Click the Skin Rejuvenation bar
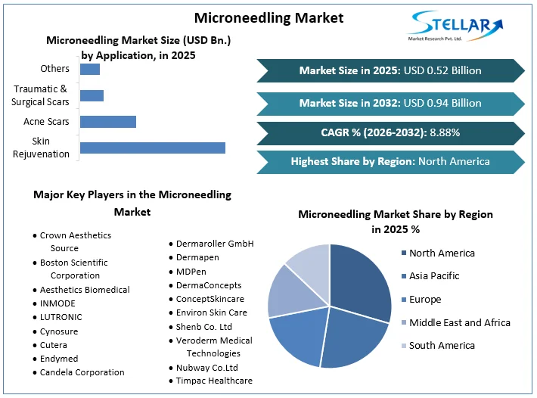pyautogui.click(x=152, y=148)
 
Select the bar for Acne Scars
pyautogui.click(x=107, y=122)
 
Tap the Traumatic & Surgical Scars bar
pyautogui.click(x=92, y=95)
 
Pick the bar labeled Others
pyautogui.click(x=89, y=70)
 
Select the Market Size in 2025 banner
pyautogui.click(x=390, y=70)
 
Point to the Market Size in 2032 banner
pyautogui.click(x=390, y=103)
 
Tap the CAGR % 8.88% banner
pyautogui.click(x=390, y=132)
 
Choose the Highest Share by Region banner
pyautogui.click(x=390, y=161)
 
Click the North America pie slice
pyautogui.click(x=359, y=280)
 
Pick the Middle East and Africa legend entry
pyautogui.click(x=459, y=322)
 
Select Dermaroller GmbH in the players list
pyautogui.click(x=215, y=244)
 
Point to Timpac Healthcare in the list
pyautogui.click(x=214, y=381)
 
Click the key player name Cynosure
pyautogui.click(x=59, y=331)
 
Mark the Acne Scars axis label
pyautogui.click(x=46, y=122)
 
